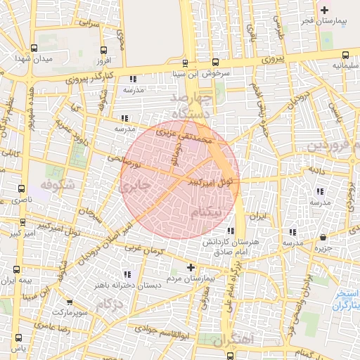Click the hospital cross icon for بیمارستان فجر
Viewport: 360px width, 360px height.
[x=324, y=10]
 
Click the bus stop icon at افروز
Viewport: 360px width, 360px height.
[x=104, y=50]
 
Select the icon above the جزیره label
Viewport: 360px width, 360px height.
[x=323, y=237]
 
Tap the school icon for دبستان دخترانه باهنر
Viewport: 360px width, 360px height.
[x=127, y=274]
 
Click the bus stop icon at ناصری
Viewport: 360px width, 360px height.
[x=22, y=189]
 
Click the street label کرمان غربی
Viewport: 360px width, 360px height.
[x=143, y=249]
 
